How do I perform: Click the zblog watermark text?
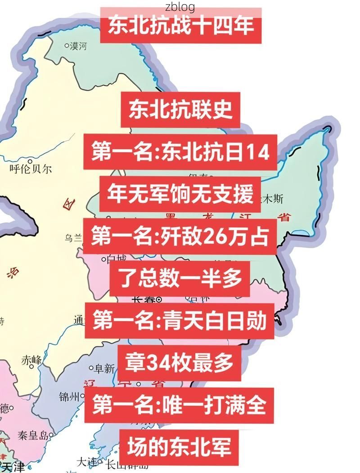tap(180, 6)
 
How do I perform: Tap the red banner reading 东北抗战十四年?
tap(180, 25)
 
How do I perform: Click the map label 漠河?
tap(78, 46)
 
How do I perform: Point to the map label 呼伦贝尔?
tap(31, 169)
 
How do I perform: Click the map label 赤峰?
tap(31, 360)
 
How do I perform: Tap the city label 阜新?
tap(104, 369)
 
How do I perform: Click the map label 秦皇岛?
tap(32, 435)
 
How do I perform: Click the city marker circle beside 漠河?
tap(67, 45)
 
